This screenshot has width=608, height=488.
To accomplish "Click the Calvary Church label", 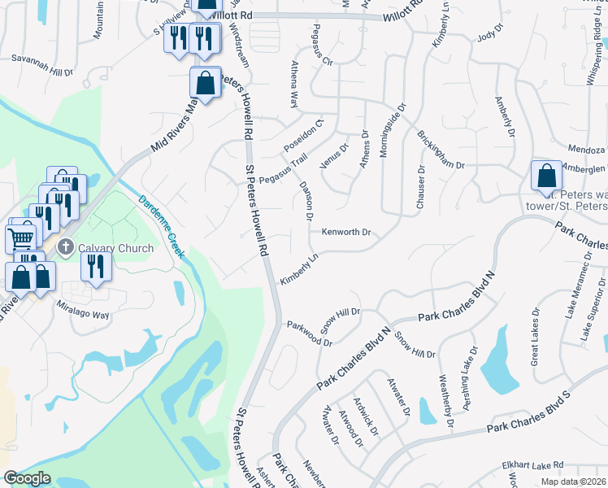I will (116, 247).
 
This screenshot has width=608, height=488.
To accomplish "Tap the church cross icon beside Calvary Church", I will (67, 247).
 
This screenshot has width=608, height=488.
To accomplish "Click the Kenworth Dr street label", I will (346, 233).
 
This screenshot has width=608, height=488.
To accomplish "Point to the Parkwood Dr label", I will (310, 332).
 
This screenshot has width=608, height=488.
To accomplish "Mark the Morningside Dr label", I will (392, 129).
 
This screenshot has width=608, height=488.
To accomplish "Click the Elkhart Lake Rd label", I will (532, 465).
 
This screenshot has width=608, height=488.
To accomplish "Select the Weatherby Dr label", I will (445, 401).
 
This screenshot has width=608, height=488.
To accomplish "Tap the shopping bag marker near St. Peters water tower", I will (546, 176).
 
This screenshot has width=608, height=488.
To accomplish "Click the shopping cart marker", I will (21, 237).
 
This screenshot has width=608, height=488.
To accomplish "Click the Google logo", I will (27, 478).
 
